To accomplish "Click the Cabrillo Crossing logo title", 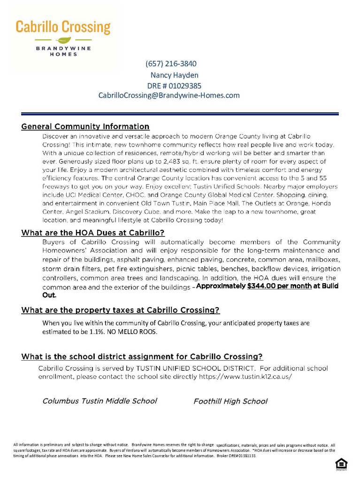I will tap(63, 27).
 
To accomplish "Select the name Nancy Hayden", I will tap(174, 75).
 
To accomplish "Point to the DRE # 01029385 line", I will tap(174, 85).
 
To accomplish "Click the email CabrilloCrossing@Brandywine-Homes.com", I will tap(169, 95).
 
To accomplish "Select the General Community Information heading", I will tap(85, 127).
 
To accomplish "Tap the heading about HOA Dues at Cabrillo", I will tap(93, 233).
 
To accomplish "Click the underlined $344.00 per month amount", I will tap(279, 286).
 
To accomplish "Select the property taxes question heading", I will tap(120, 310).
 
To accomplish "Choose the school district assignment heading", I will tap(142, 357).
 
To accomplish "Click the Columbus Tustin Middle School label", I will tap(100, 401).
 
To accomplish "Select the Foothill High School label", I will tap(230, 402).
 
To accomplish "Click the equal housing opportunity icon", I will tap(341, 465).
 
